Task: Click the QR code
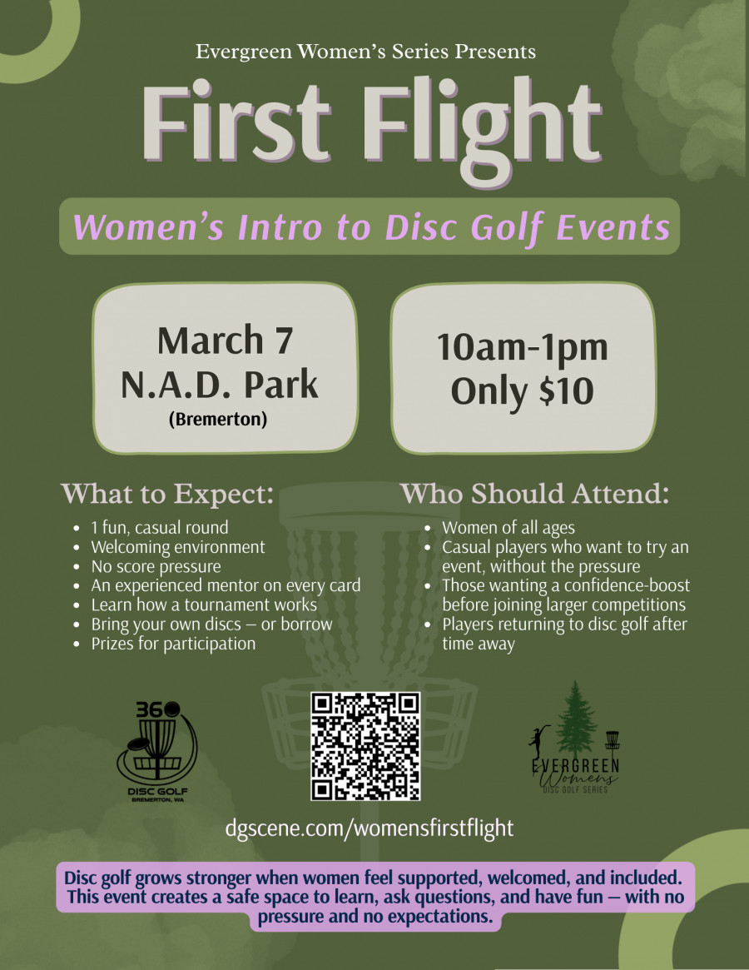pyautogui.click(x=365, y=746)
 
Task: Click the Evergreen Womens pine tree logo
pyautogui.click(x=575, y=738)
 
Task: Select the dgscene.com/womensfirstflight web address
pyautogui.click(x=370, y=828)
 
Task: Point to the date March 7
pyautogui.click(x=225, y=341)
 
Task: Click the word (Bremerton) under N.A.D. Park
pyautogui.click(x=218, y=420)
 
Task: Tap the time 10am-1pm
pyautogui.click(x=523, y=347)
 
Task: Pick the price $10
pyautogui.click(x=567, y=391)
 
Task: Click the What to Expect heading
pyautogui.click(x=167, y=494)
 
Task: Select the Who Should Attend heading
pyautogui.click(x=535, y=494)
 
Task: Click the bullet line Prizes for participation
pyautogui.click(x=173, y=644)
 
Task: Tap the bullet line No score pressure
pyautogui.click(x=156, y=567)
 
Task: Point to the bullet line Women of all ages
pyautogui.click(x=508, y=528)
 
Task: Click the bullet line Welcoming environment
pyautogui.click(x=178, y=547)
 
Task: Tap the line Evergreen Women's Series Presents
pyautogui.click(x=365, y=52)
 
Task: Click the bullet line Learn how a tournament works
pyautogui.click(x=204, y=605)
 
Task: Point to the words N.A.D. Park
pyautogui.click(x=220, y=384)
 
